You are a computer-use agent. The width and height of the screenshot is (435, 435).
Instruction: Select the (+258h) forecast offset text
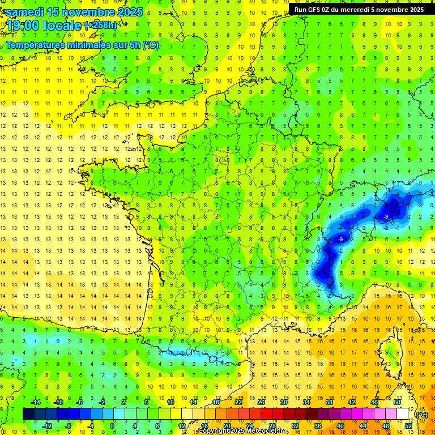(x=100, y=25)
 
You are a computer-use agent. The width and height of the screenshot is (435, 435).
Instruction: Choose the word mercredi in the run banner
(x=363, y=10)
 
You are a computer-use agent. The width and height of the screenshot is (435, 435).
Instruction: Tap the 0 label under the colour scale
(x=112, y=426)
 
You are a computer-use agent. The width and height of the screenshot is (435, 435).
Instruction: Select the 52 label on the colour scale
(x=408, y=426)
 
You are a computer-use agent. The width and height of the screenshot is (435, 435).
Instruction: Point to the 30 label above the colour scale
(x=283, y=402)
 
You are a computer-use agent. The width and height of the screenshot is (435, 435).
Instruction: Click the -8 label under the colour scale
(x=68, y=426)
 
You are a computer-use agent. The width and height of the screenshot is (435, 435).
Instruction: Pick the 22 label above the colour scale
(x=238, y=402)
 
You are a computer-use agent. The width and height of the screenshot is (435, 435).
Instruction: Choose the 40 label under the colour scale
(x=340, y=426)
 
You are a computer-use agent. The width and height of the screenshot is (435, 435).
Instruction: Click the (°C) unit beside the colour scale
(x=422, y=415)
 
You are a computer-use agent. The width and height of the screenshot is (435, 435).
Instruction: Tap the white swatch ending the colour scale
(x=403, y=414)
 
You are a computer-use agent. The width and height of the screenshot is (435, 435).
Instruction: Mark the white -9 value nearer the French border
(x=340, y=240)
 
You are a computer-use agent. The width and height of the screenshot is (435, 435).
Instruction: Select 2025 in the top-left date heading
(x=130, y=12)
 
